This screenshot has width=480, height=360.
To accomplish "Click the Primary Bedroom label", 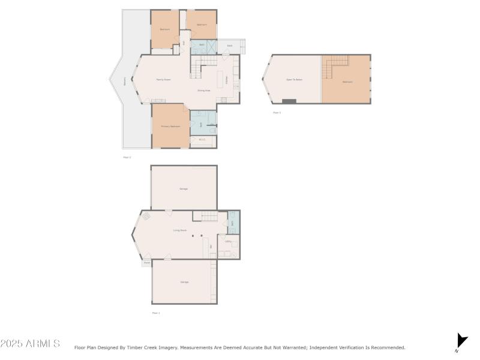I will click(170, 127).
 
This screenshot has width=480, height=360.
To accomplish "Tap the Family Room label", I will click(164, 80).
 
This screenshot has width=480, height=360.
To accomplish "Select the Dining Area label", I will click(204, 91).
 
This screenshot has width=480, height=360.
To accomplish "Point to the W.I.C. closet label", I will click(202, 141).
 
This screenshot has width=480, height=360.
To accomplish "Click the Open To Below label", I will click(294, 80).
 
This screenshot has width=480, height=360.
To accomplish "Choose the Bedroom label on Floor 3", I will click(347, 82).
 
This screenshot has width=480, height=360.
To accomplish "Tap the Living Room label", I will click(179, 230).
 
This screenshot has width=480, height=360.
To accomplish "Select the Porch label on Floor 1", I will click(146, 263).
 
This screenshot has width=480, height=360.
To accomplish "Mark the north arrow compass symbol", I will click(461, 341).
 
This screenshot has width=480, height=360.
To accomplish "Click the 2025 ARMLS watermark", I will click(30, 344).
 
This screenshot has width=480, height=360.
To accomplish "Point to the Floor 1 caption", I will click(156, 313).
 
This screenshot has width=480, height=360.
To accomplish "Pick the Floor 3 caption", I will click(277, 112).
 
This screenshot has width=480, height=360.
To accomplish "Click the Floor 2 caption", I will click(127, 157).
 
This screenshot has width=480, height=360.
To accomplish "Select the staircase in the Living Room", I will click(208, 216).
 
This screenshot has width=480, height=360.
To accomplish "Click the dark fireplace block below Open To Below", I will click(289, 101).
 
